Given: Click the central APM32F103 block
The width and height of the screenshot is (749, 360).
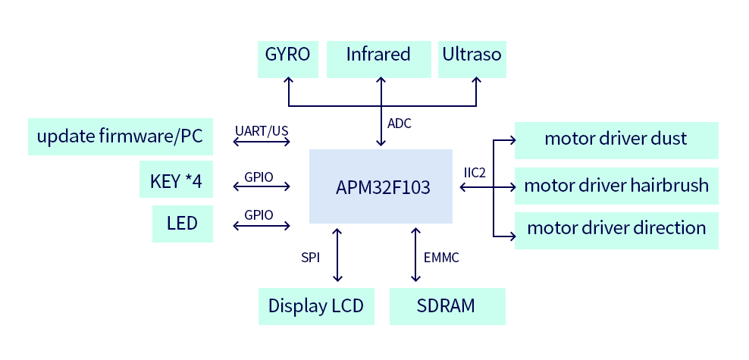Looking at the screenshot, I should [381, 186].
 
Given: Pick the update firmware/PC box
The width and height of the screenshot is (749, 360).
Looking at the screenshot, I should [119, 136].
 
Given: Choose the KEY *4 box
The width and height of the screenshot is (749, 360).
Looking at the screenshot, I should [176, 180].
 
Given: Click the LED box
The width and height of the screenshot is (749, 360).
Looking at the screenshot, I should [182, 224].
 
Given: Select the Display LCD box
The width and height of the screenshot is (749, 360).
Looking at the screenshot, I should [316, 306].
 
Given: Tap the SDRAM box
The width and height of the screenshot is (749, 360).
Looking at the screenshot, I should [447, 306].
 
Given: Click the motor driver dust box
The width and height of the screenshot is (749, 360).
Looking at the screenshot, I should [616, 139].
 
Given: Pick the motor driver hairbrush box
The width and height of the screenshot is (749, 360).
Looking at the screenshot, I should [616, 186].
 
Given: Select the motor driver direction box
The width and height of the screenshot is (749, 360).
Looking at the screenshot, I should [616, 228].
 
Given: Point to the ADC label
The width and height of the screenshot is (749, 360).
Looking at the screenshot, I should [400, 124].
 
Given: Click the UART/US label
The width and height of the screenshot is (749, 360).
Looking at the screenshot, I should [262, 131].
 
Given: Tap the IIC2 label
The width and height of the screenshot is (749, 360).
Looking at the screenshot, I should [474, 173].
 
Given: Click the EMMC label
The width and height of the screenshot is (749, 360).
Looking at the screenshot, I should [441, 258].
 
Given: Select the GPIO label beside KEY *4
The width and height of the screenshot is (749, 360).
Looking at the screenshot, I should [259, 177].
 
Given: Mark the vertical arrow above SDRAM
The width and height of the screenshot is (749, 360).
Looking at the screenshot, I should [415, 256].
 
